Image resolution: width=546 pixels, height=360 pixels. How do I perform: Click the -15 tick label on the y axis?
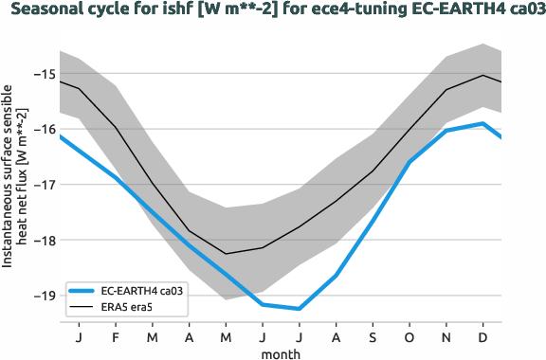pyautogui.click(x=43, y=74)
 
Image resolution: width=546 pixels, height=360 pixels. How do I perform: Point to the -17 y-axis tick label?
pyautogui.click(x=43, y=185)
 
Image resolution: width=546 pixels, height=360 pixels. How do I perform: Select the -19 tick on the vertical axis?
pyautogui.click(x=43, y=296)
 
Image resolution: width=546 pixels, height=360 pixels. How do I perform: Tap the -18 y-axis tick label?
pyautogui.click(x=43, y=240)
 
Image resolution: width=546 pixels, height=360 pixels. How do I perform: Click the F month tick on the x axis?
pyautogui.click(x=116, y=336)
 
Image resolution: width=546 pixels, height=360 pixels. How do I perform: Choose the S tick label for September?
pyautogui.click(x=373, y=336)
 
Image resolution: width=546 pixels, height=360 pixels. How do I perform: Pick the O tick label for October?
pyautogui.click(x=409, y=336)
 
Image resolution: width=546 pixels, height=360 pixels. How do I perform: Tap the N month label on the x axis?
pyautogui.click(x=446, y=336)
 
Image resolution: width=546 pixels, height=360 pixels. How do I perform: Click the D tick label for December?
pyautogui.click(x=483, y=336)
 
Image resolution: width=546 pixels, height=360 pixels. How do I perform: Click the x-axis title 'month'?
pyautogui.click(x=282, y=352)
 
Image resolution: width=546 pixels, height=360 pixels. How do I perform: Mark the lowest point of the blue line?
pyautogui.click(x=300, y=309)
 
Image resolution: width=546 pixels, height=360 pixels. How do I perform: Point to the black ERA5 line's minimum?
pyautogui.click(x=226, y=253)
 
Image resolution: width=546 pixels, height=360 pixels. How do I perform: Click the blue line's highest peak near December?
pyautogui.click(x=483, y=123)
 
